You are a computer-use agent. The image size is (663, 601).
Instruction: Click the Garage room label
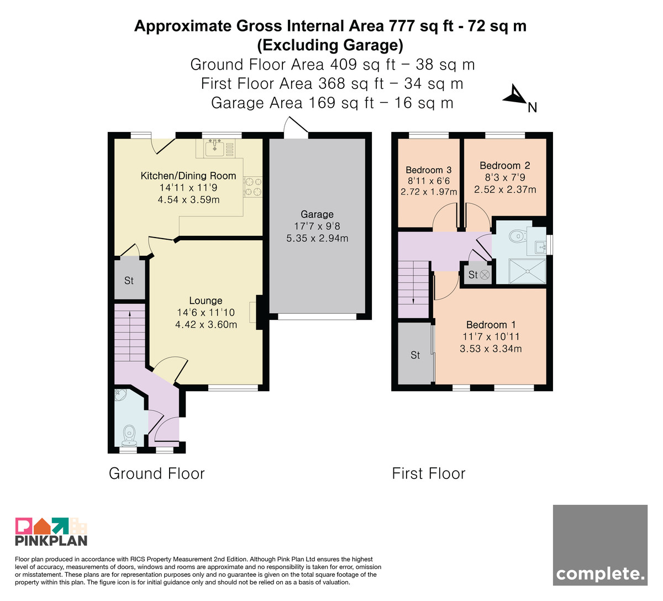[x=317, y=214]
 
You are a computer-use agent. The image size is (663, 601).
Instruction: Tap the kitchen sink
[x=215, y=148]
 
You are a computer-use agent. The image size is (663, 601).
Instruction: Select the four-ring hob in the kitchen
[x=253, y=187]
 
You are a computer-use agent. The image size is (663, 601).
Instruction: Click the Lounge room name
[x=206, y=300]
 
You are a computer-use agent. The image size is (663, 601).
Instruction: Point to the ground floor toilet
[x=129, y=435]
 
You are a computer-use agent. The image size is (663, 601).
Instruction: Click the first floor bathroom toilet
[x=518, y=236]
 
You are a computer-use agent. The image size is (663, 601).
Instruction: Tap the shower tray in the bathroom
[x=527, y=271]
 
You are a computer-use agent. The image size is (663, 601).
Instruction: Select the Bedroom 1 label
[x=491, y=325]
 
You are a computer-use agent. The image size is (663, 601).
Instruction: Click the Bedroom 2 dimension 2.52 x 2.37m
[x=505, y=189]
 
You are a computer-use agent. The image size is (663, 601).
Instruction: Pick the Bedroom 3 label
[x=428, y=170]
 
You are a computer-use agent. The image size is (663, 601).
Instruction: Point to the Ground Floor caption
[x=157, y=473]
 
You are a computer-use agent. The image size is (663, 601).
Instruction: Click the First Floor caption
[x=429, y=473]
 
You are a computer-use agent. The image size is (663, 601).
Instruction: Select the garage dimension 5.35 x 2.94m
[x=317, y=238]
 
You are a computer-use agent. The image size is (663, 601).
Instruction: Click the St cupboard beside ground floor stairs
[x=129, y=281]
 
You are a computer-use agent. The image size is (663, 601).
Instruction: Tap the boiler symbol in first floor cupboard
[x=485, y=275]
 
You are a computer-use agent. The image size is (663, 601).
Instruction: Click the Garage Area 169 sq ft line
[x=332, y=103]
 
